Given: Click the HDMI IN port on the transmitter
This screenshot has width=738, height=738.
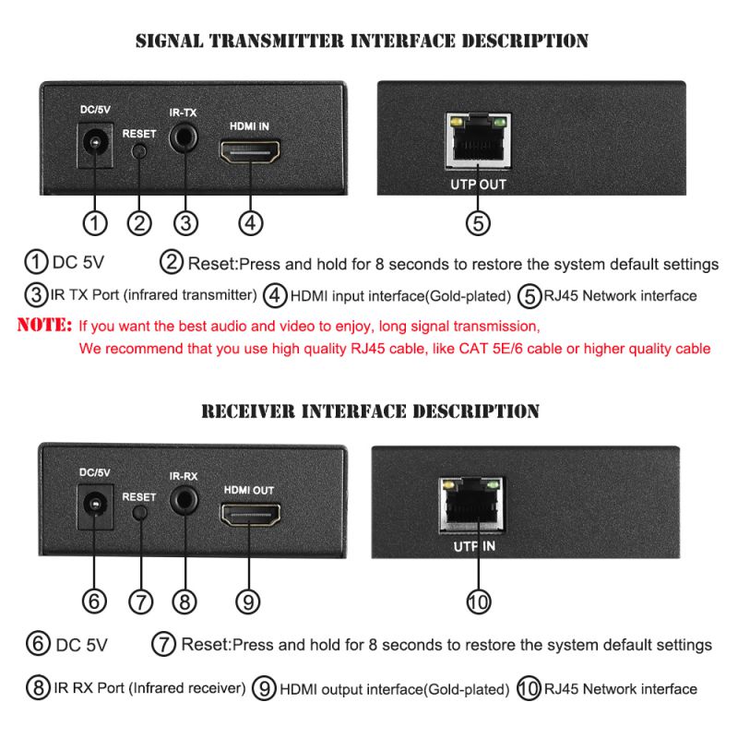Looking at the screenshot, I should click(x=251, y=150).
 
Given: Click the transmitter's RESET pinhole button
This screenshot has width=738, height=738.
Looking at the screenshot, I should click(x=139, y=152).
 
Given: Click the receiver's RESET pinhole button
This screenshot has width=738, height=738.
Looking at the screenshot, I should click(x=139, y=514).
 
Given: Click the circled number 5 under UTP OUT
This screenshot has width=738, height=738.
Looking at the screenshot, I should click(x=477, y=222).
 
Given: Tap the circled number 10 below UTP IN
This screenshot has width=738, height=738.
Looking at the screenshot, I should click(x=477, y=602).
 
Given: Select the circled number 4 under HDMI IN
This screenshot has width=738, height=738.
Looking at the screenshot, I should click(x=251, y=222).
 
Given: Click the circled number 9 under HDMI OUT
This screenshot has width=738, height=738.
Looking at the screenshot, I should click(x=247, y=602).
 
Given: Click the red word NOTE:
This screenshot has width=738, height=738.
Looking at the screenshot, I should click(x=44, y=326).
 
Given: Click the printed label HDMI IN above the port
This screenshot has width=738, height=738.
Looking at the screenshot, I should click(x=249, y=124).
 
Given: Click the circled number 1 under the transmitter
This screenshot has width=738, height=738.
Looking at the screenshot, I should click(x=95, y=222).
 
